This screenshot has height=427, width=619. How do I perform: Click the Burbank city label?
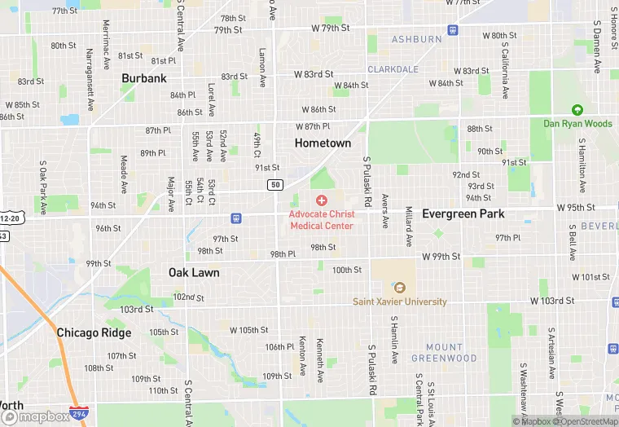[144, 78]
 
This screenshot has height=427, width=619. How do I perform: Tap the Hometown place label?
[323, 143]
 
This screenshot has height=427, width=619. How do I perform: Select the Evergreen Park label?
[463, 213]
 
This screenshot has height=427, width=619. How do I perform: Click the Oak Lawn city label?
[194, 272]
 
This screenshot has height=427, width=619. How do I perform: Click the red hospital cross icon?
[322, 200]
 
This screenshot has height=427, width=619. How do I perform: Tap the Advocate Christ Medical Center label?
[322, 220]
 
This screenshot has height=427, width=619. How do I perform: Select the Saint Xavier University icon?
[399, 287]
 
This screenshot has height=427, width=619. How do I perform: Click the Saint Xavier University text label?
[399, 302]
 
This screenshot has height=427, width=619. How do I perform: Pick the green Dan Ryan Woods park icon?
[577, 110]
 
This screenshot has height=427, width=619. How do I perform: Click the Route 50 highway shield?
[275, 185]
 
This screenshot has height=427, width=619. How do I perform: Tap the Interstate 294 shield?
[79, 414]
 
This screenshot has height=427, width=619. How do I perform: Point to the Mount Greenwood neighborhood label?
[444, 353]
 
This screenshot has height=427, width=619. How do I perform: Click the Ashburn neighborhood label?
[416, 39]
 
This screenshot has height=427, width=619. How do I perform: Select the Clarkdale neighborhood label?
[393, 69]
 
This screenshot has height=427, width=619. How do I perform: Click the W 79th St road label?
[330, 28]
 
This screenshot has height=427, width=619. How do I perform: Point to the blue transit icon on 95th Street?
[236, 218]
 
